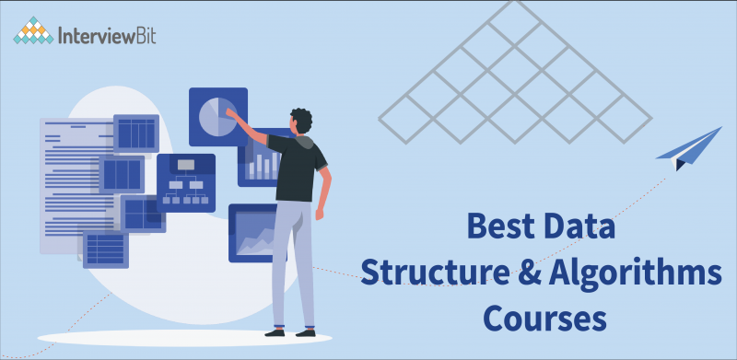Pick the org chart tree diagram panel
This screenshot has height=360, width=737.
click(186, 181)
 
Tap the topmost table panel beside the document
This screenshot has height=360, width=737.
click(136, 134)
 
